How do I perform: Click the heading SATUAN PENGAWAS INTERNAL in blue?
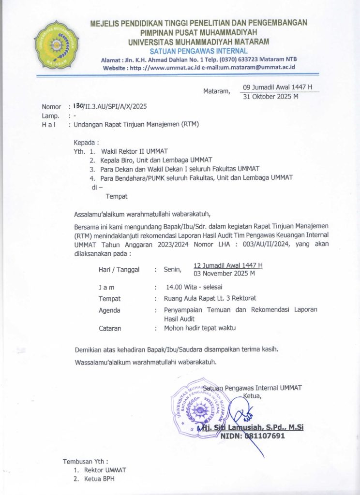198,51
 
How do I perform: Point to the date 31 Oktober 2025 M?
270,96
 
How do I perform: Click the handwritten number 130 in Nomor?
77,106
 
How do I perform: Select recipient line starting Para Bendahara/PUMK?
196,177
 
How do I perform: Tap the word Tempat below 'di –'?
116,196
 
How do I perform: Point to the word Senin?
172,269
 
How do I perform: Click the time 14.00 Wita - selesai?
192,287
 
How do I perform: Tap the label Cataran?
110,328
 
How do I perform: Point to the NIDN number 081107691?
253,436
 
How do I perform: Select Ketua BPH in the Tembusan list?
100,479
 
